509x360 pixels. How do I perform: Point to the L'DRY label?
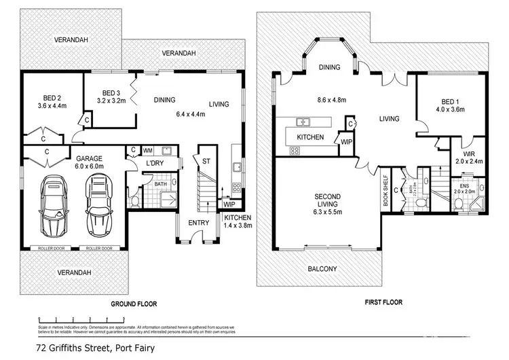click(153, 164)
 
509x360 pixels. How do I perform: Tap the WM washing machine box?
click(147, 150)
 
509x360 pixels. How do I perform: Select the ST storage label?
click(204, 161)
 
